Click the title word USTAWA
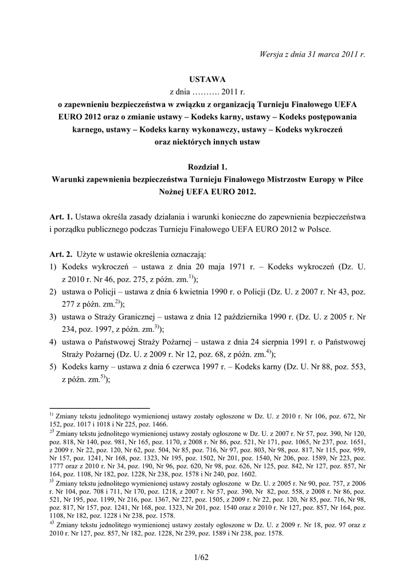point(207,79)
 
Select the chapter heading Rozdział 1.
point(207,167)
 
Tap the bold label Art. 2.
point(61,253)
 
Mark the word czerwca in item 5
point(191,366)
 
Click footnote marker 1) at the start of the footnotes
point(51,413)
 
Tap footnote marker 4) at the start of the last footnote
point(51,523)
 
